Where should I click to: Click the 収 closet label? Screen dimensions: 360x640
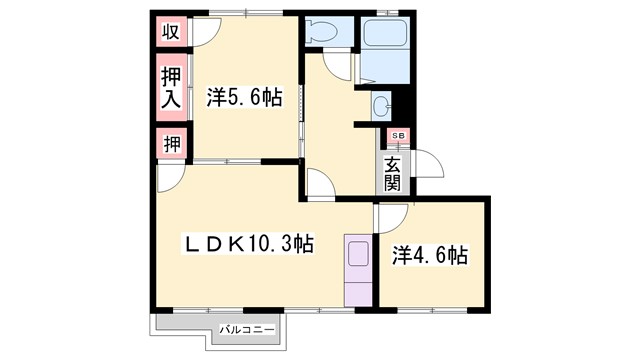171,31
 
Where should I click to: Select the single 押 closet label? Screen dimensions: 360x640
171,144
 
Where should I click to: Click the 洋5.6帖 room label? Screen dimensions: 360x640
245,98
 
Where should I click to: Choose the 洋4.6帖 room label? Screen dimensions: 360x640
428,255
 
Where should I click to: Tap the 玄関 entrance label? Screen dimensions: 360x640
393,174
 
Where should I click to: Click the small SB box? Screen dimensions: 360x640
397,135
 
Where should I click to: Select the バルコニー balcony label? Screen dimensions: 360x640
247,327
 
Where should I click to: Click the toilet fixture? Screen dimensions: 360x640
322,33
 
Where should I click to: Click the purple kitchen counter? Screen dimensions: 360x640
356,269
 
